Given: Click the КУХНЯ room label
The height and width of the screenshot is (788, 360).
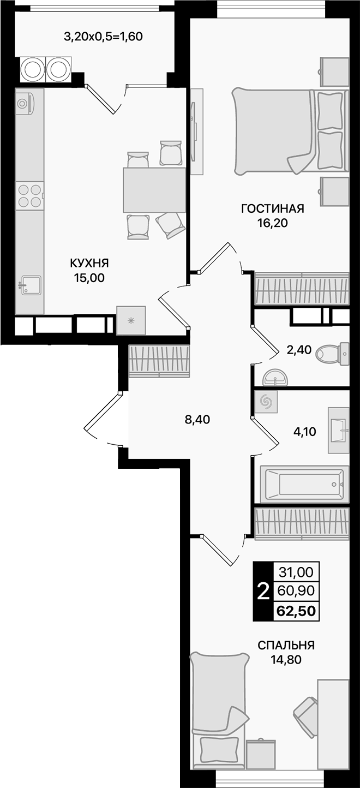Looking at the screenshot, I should [x=89, y=263].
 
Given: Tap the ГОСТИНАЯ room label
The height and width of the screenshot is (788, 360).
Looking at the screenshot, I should [x=272, y=208].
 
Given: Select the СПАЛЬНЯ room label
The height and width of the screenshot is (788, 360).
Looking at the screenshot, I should [x=286, y=645].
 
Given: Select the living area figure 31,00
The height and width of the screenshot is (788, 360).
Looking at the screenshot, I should [x=296, y=572].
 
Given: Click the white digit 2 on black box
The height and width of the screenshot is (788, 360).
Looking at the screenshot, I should [x=262, y=591].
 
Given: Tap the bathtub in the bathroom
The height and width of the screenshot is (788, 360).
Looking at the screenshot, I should [x=303, y=483].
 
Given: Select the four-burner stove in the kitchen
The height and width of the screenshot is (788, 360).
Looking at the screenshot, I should [x=29, y=195].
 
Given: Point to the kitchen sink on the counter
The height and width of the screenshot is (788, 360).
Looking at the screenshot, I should [x=30, y=285].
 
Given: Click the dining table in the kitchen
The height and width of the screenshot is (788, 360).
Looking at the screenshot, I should [x=154, y=190].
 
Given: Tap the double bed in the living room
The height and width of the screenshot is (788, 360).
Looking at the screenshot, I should [x=289, y=132].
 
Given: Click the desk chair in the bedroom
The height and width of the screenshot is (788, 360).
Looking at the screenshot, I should [x=307, y=711].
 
